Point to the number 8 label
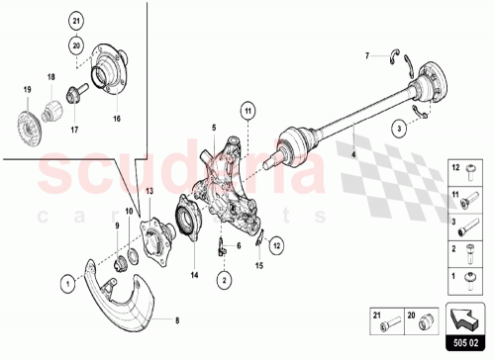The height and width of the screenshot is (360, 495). click(x=178, y=320)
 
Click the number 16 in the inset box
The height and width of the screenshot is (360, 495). click(x=116, y=118)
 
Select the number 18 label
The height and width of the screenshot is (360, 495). click(x=50, y=76)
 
